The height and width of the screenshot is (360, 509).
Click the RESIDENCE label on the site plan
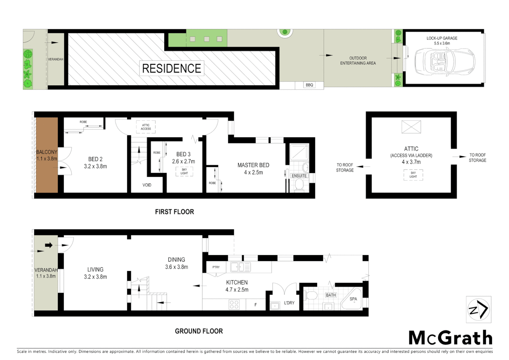pos(171,68)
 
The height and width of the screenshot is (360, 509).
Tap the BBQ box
pos(309,85)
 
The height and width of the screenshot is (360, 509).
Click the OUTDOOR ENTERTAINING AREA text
pos(358,61)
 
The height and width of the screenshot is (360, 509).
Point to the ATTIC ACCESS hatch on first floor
pos(146,127)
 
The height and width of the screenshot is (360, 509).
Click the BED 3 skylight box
pos(184,171)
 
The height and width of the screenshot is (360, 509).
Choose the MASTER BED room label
pos(253,168)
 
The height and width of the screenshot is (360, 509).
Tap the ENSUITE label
pos(299,176)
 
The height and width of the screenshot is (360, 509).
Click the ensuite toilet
pos(299,185)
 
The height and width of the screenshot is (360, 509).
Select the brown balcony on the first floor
pos(47,155)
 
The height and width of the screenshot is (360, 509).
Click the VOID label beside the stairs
pos(147,185)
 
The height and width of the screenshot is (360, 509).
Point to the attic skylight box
pos(413,175)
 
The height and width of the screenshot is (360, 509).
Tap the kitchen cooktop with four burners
pos(234,304)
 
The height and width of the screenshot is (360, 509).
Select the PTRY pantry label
pos(216,267)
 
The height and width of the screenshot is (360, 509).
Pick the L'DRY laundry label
pos(289,303)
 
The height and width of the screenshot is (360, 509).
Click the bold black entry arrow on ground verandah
pos(49,245)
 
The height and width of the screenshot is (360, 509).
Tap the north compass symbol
pos(478,310)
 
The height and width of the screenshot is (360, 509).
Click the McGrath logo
pos(450,338)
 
